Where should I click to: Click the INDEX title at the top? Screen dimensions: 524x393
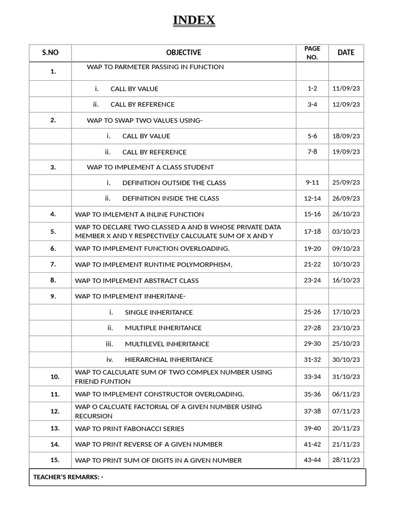194,20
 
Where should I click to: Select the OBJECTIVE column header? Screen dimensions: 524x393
184,52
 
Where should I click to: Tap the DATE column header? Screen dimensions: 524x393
346,52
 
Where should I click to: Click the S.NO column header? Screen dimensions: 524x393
51,52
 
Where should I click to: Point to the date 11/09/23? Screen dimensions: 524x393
346,89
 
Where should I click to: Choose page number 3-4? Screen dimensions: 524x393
312,104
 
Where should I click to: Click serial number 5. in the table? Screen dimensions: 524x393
53,231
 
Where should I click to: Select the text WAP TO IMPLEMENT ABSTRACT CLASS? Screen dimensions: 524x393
137,280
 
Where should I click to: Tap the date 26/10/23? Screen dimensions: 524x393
346,214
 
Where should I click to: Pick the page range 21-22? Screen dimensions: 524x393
312,264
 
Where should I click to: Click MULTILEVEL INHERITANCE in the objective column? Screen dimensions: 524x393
167,344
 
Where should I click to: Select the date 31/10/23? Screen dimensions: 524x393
346,377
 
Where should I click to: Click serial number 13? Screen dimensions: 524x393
55,428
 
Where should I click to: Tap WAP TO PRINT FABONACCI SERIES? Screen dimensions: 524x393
129,429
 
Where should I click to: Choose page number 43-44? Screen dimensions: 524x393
312,460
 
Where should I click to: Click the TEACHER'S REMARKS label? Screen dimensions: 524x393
68,477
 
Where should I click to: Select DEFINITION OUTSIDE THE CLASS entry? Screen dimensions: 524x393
174,183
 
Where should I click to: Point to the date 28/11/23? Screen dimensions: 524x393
346,460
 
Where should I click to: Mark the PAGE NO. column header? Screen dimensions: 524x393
312,52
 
